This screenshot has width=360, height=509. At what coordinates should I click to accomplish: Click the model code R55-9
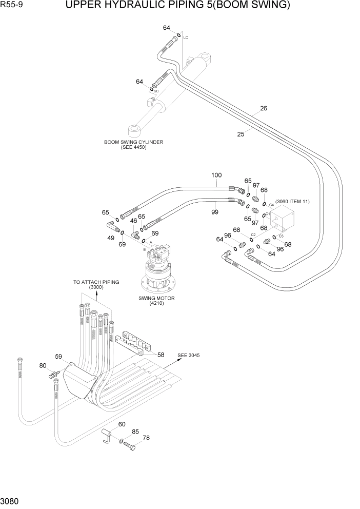coord(13,7)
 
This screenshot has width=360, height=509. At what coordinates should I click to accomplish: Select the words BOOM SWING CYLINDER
coord(133,142)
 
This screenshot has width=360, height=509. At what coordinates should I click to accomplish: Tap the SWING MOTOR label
coord(156,298)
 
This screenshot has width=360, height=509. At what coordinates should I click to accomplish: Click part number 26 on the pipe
coord(264,108)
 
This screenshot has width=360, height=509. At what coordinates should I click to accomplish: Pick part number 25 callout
coord(241,134)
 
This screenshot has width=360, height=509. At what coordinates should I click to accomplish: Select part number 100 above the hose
coord(216,175)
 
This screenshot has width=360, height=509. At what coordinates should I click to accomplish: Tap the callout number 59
coord(58,356)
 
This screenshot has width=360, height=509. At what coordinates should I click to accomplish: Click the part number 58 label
coord(161,355)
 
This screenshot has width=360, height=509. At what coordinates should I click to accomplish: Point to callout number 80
coord(43,366)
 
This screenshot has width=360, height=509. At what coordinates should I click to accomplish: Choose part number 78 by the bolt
coord(146,438)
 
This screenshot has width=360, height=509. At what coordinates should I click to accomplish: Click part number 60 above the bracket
coord(122,424)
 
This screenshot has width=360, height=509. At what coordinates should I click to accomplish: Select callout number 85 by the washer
coord(135,432)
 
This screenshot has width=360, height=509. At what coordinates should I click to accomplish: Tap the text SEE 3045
coord(189,355)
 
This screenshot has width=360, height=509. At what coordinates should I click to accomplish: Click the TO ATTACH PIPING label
coord(96,282)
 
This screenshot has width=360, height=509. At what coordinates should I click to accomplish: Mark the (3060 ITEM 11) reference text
coord(292,202)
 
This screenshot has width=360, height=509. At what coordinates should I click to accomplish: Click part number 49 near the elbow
coord(111,238)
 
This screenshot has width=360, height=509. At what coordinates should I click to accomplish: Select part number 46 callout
coord(133,221)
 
